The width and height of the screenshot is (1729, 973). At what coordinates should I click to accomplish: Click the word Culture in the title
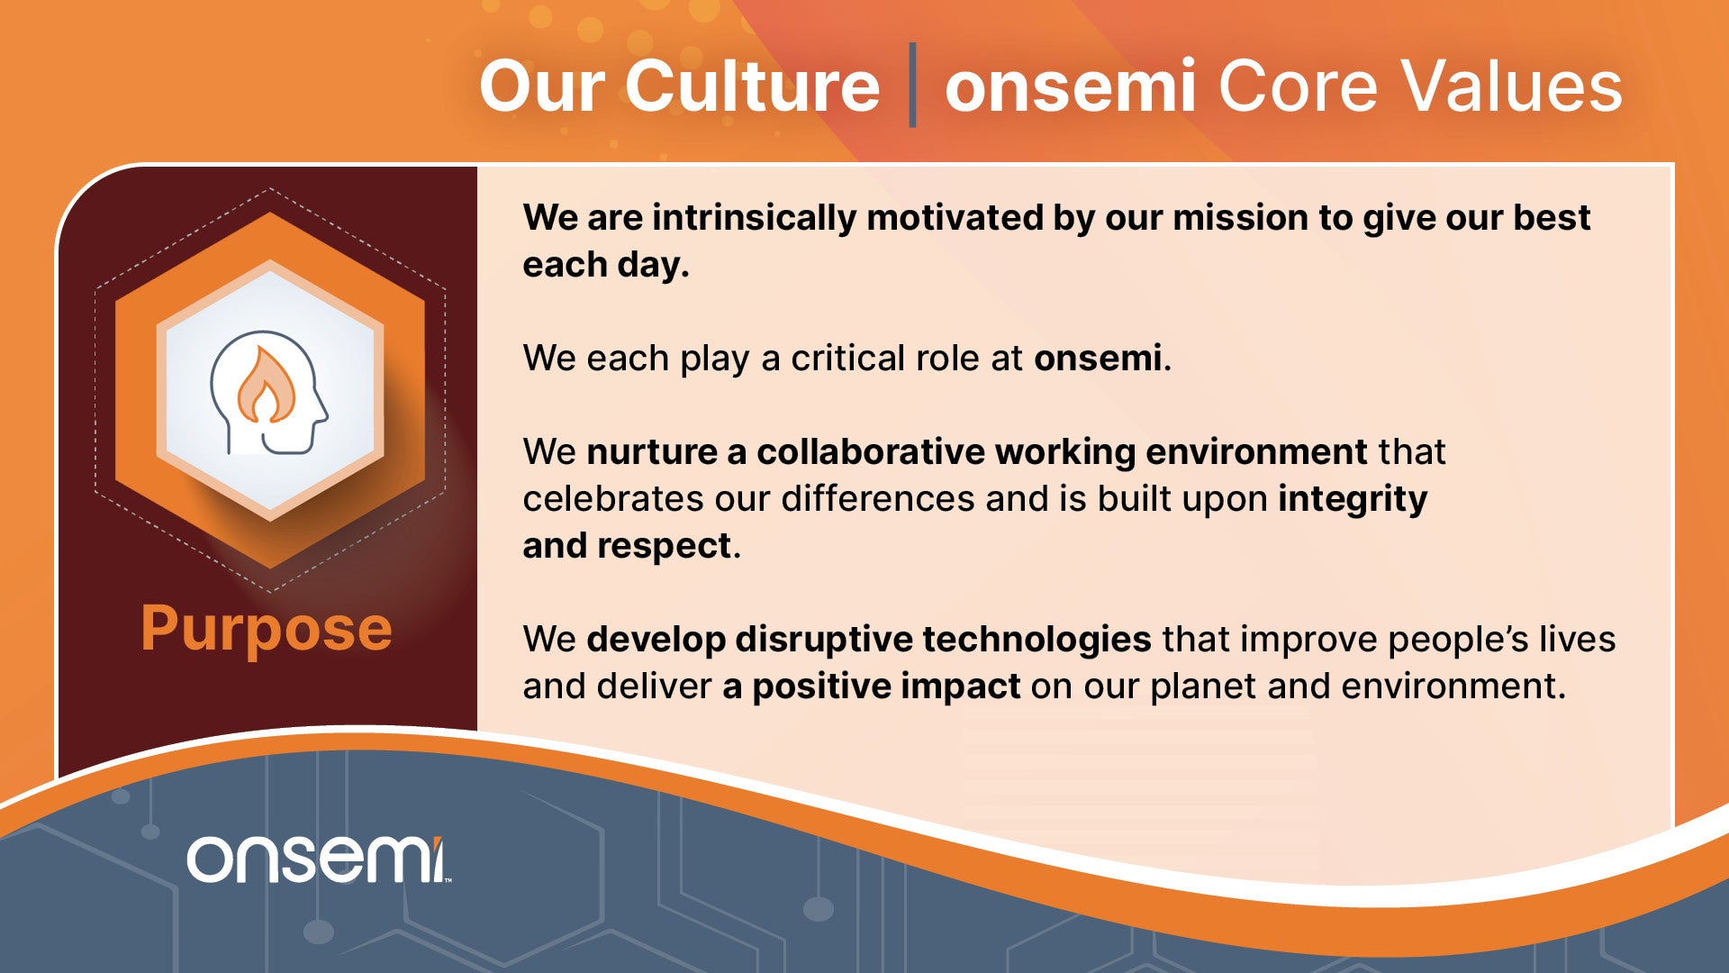[752, 86]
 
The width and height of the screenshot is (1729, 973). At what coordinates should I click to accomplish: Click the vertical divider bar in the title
[912, 85]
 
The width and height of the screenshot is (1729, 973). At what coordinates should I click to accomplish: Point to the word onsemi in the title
[1071, 86]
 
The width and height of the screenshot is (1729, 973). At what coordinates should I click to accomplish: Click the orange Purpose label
[267, 630]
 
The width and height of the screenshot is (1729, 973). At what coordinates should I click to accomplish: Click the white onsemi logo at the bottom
[317, 859]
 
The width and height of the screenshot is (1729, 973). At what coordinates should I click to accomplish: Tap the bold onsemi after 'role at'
[1098, 359]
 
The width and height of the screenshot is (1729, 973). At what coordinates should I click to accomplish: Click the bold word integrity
[1353, 500]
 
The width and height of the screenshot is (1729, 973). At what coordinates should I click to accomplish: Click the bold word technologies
[1036, 641]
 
